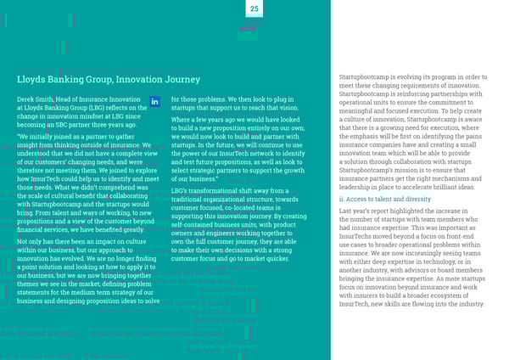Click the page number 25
(x=254, y=8)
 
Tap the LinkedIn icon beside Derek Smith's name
(x=154, y=102)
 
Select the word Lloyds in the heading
(x=33, y=80)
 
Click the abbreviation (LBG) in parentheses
(x=96, y=110)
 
